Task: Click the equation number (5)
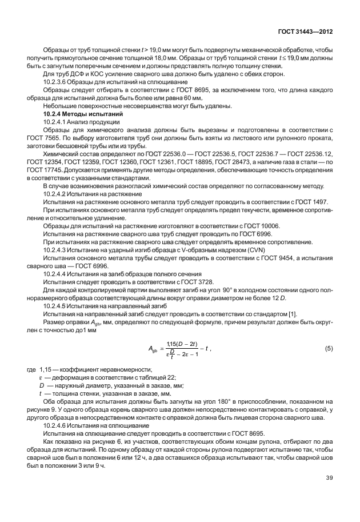point(329,348)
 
